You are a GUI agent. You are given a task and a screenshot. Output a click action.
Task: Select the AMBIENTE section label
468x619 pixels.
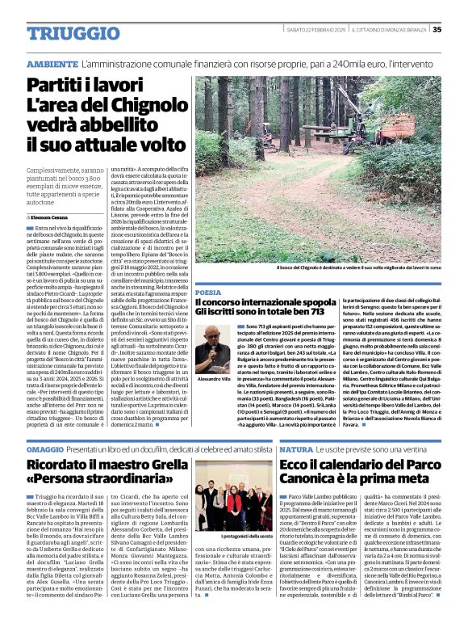(52, 64)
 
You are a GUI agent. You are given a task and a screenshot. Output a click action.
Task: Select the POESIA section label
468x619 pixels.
(208, 292)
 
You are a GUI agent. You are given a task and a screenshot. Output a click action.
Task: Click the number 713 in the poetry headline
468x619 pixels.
(301, 312)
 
